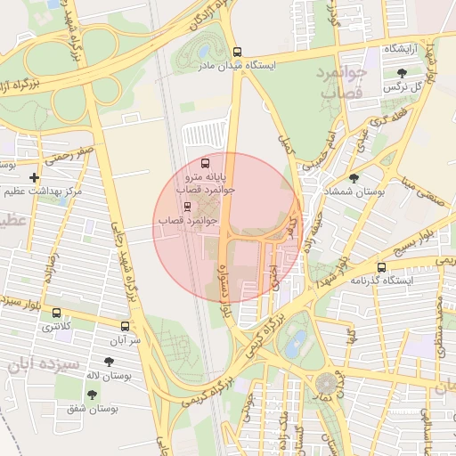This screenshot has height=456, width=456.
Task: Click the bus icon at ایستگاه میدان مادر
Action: [236, 53]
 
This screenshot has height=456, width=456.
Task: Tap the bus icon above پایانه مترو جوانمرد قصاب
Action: [206, 164]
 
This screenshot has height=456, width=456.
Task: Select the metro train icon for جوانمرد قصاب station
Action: [186, 207]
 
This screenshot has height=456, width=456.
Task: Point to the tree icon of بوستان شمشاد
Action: [354, 178]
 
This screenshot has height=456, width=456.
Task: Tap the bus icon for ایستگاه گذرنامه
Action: [381, 267]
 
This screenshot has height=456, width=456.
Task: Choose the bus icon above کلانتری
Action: [58, 313]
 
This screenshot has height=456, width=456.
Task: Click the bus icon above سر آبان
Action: [125, 326]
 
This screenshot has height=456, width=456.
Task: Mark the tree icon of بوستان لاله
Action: [109, 362]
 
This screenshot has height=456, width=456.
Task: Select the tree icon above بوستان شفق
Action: [94, 394]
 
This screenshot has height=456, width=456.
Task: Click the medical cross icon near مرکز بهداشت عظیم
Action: [34, 178]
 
